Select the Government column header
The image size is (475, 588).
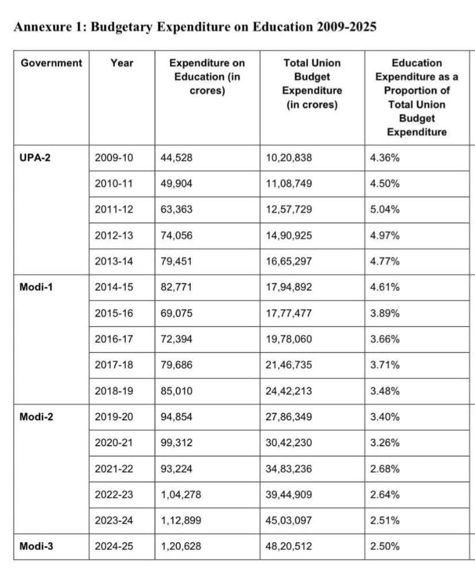click(x=51, y=63)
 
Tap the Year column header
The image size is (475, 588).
click(x=122, y=63)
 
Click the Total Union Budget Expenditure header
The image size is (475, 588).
click(x=312, y=84)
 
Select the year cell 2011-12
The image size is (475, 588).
click(x=114, y=210)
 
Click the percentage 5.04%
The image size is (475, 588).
click(x=385, y=210)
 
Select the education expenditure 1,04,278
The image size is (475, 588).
click(x=181, y=495)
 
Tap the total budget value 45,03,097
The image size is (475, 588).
click(x=289, y=521)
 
